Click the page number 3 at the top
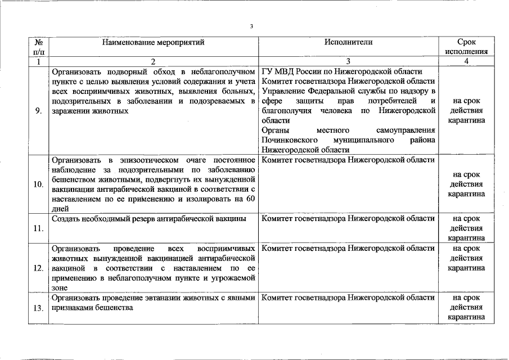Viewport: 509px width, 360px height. pyautogui.click(x=252, y=26)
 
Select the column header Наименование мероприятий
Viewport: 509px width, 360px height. pyautogui.click(x=154, y=42)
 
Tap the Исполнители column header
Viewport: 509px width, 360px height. pyautogui.click(x=348, y=42)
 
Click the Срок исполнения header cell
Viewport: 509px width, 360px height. pyautogui.click(x=466, y=47)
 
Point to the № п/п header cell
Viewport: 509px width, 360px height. pyautogui.click(x=38, y=47)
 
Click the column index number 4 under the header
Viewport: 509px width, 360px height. pyautogui.click(x=466, y=62)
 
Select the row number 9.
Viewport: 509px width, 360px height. pyautogui.click(x=38, y=111)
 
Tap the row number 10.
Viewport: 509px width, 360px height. pyautogui.click(x=38, y=184)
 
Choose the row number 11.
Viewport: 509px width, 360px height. pyautogui.click(x=38, y=228)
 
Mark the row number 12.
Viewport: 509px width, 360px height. pyautogui.click(x=38, y=268)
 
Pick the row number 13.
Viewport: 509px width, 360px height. pyautogui.click(x=38, y=308)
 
